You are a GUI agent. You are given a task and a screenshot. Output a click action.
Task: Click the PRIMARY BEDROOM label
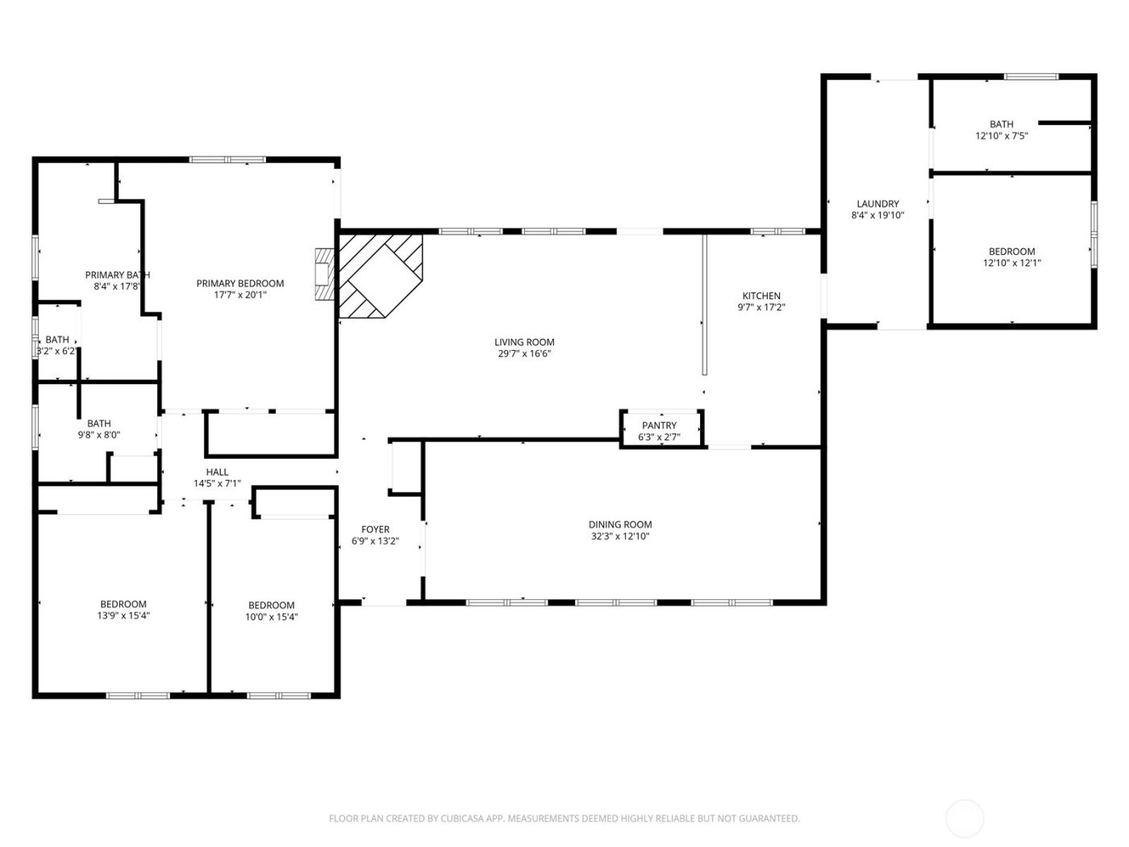click(240, 283)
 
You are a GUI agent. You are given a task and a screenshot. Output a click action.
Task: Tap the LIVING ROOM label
click(524, 342)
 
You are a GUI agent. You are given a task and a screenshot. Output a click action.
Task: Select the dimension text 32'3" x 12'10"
click(620, 536)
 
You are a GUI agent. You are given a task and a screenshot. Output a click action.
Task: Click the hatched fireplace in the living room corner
click(379, 274)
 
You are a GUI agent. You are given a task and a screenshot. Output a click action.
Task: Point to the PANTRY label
click(659, 426)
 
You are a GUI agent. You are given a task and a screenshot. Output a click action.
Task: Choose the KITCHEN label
click(761, 296)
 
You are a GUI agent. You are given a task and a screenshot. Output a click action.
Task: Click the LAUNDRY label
click(877, 204)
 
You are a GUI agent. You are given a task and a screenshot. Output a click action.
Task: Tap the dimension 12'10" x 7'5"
click(1002, 136)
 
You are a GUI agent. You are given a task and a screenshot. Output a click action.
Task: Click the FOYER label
click(375, 530)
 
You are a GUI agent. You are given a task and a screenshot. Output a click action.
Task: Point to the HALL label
click(217, 473)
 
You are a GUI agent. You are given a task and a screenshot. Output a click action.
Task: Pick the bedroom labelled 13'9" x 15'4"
click(123, 610)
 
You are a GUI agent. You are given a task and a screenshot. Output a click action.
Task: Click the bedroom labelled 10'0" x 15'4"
click(271, 611)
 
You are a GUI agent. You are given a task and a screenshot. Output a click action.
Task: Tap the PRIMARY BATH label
click(118, 275)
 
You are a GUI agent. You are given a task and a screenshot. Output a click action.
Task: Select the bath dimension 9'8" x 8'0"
click(99, 435)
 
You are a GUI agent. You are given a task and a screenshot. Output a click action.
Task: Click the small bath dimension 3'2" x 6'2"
click(56, 351)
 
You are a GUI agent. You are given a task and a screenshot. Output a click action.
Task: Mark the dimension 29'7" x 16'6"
click(524, 353)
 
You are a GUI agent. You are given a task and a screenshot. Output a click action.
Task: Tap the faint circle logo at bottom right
click(964, 818)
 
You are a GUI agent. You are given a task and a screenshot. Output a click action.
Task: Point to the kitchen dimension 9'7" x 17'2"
click(761, 307)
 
